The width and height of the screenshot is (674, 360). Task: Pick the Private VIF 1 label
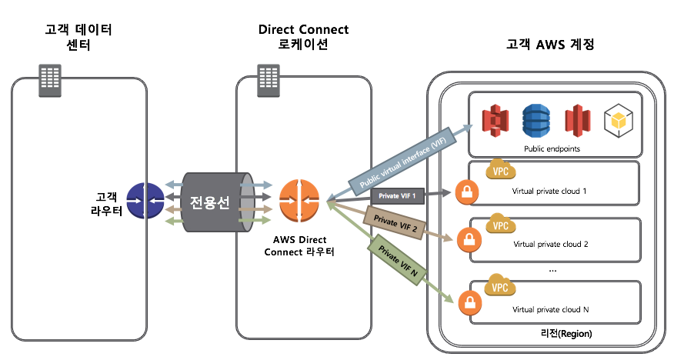397,196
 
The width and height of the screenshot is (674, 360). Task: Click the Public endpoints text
552,148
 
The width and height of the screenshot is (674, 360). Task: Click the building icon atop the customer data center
51,78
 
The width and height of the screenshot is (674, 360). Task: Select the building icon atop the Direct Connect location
268,78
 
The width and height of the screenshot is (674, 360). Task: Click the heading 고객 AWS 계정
550,45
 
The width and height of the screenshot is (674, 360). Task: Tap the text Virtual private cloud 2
550,244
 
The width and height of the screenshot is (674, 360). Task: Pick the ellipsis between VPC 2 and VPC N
552,270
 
